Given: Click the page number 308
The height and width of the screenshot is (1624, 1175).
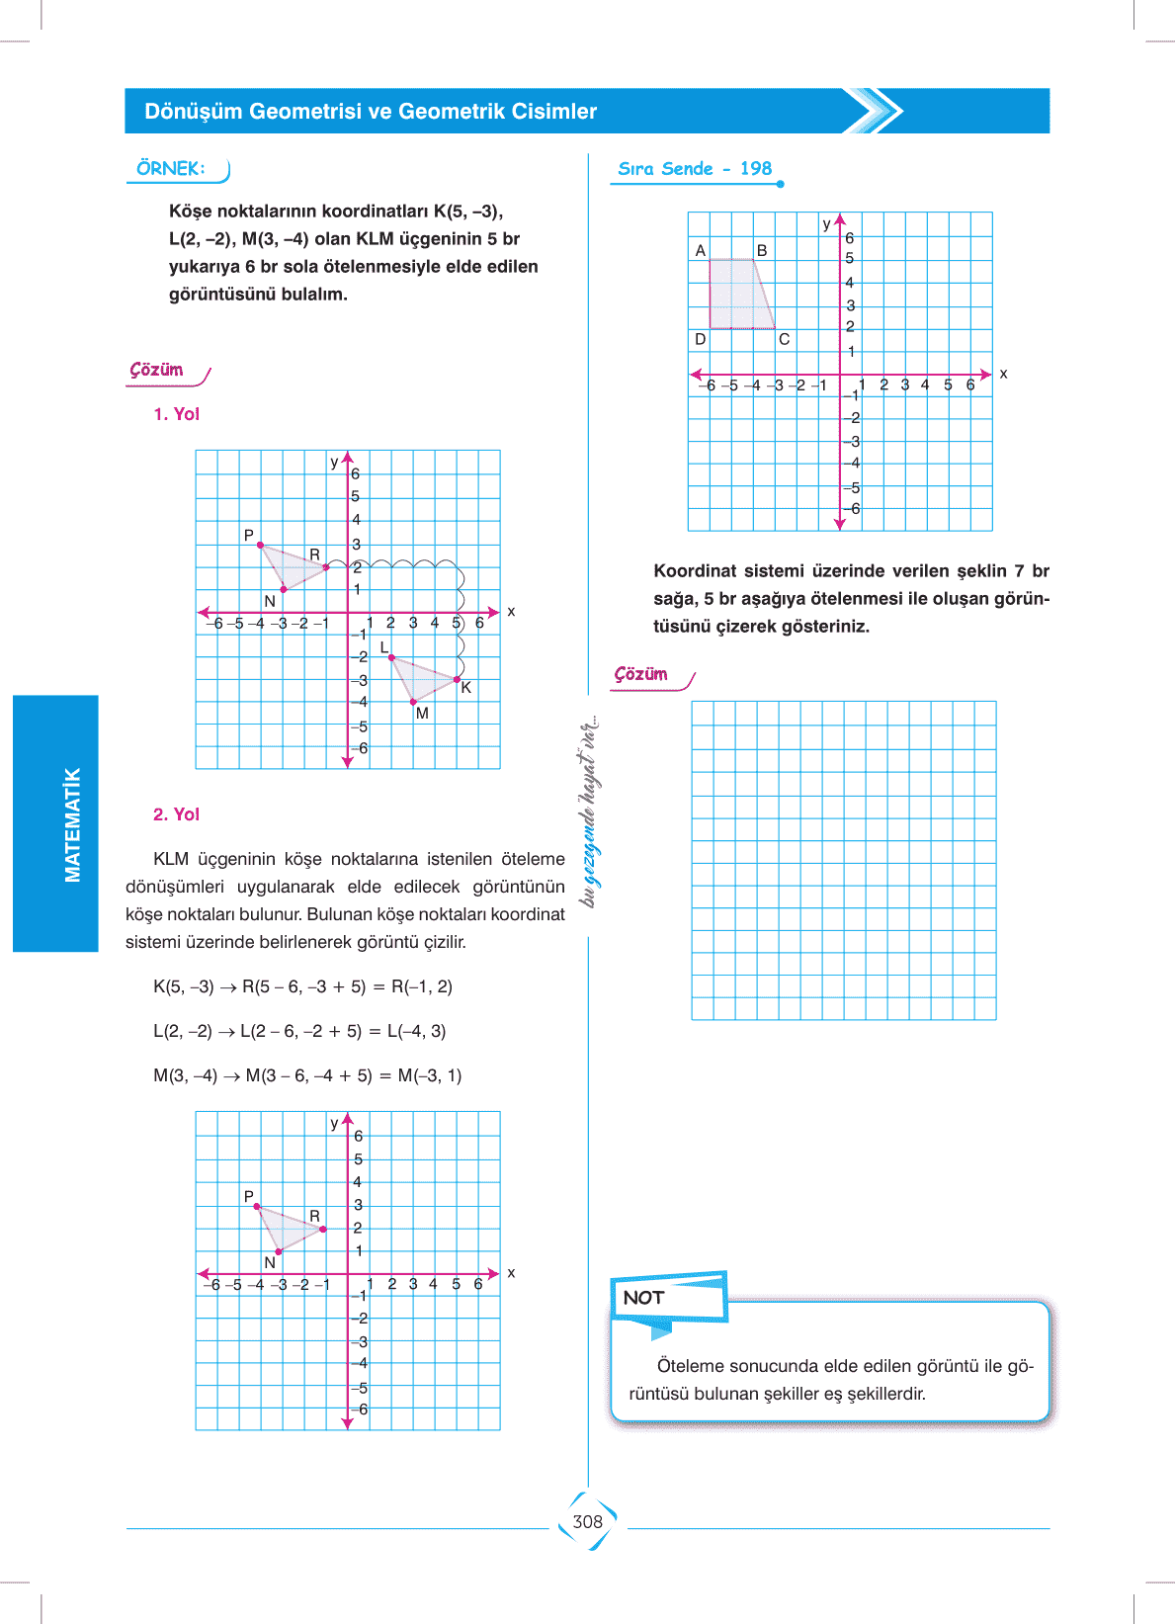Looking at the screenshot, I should click(587, 1522).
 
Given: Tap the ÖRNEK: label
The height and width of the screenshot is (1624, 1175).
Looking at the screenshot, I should click(171, 169).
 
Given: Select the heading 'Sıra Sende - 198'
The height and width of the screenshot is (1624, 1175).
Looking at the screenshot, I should click(695, 169).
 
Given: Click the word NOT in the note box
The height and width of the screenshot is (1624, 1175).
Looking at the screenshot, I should click(643, 1298).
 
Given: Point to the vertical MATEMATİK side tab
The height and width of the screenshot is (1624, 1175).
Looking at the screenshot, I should click(72, 824).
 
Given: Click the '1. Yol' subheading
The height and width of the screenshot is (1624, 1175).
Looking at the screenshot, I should click(177, 414).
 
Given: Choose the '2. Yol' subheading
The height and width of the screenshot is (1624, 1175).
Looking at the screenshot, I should click(177, 814).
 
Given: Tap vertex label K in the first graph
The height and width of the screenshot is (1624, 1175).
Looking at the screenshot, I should click(466, 688).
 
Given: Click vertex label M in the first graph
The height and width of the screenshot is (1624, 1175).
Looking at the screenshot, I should click(422, 714).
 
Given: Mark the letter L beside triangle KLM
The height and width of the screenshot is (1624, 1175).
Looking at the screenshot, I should click(384, 647).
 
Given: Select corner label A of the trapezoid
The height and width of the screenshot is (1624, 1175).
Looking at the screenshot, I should click(701, 251).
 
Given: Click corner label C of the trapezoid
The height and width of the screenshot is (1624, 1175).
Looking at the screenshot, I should click(784, 339).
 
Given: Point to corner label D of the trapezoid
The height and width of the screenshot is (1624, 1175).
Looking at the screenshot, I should click(701, 339).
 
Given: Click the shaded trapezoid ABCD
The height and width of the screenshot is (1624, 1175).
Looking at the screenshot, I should click(737, 295).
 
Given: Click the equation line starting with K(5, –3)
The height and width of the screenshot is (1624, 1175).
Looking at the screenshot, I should click(302, 986).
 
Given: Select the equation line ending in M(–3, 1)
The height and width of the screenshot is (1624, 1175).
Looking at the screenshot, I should click(307, 1075).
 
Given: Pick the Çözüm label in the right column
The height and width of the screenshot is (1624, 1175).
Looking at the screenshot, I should click(641, 674).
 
